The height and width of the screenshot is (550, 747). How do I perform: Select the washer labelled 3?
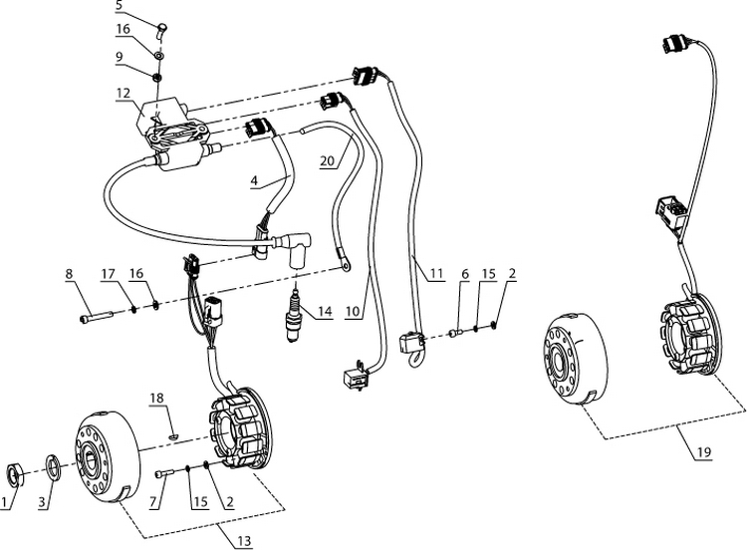54,465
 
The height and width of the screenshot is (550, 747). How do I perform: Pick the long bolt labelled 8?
96,319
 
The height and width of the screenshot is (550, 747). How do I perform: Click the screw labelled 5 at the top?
162,24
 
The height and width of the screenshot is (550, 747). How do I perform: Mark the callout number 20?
327,161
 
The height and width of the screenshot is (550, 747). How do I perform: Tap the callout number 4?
254,182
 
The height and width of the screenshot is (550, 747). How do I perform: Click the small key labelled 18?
171,433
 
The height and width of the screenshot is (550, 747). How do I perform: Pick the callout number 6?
464,272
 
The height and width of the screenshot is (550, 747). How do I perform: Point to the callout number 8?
70,272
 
